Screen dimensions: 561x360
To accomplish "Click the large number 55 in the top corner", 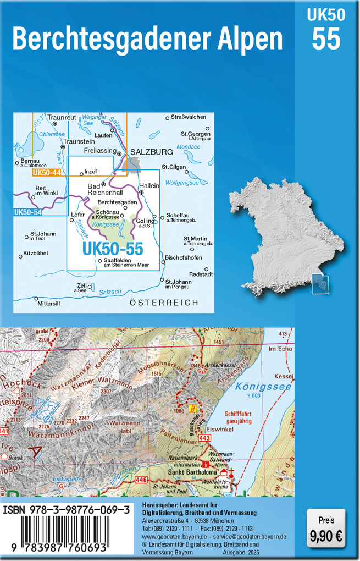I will pos(326,39).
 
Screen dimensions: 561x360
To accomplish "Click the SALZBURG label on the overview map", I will pos(151,151).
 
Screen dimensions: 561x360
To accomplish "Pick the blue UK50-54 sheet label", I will pos(28,212).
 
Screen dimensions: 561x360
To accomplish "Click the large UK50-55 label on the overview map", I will pos(113,249).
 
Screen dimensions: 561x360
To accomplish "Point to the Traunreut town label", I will pos(62,118).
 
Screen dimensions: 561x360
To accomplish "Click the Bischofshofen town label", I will pos(184,257).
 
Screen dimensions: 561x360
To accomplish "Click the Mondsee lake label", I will pos(188,147).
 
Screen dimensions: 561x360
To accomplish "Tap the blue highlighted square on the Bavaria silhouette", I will pos(320,284).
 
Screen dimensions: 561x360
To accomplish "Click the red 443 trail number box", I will pos(205,438).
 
